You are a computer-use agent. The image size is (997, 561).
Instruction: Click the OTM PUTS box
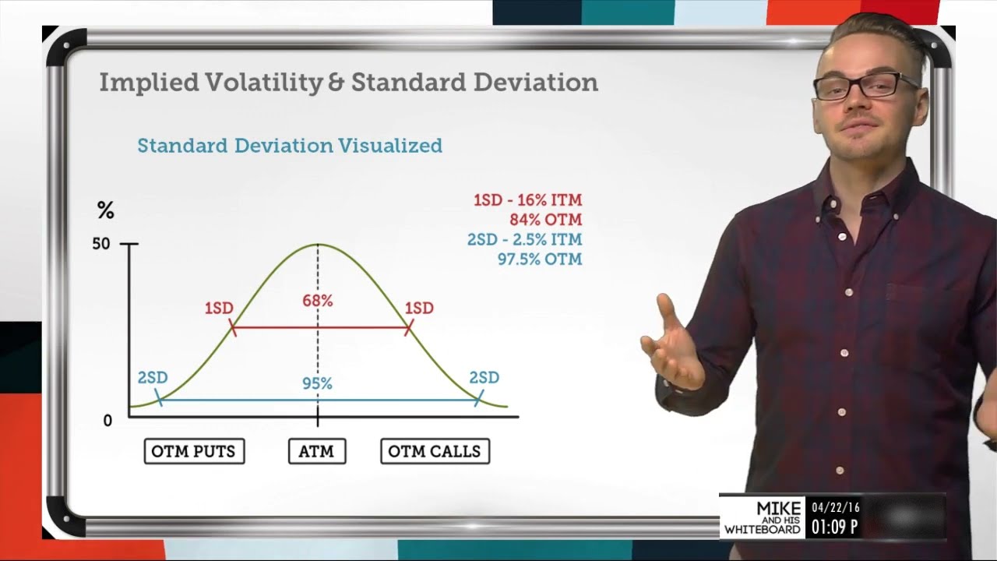pos(194,451)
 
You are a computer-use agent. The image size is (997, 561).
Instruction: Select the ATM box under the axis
pos(316,451)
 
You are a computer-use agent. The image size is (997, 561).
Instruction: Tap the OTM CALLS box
pos(435,451)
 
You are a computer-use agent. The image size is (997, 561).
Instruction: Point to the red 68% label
pos(317,301)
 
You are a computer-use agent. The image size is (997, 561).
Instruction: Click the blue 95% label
pos(317,383)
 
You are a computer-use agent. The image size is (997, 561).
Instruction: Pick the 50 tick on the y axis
pos(101,244)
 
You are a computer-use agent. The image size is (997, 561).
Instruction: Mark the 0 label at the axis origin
pos(107,421)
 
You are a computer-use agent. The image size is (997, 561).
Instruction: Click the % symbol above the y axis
pos(105,210)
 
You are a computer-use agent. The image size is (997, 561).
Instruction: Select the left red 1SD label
pos(219,309)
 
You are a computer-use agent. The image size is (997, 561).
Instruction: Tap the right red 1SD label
pos(419,309)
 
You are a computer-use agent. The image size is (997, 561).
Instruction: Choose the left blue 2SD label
pos(153,378)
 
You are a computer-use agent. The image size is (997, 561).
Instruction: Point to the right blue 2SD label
pos(484,378)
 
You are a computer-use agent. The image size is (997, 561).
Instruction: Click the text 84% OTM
pos(545,220)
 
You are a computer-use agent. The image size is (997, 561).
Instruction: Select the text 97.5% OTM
pos(540,259)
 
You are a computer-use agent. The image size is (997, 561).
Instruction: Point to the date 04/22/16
pos(835,507)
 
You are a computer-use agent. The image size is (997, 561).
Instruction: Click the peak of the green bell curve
pos(318,245)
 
